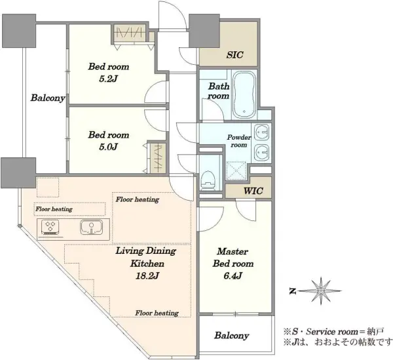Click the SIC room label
pyautogui.click(x=234, y=54)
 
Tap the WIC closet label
pyautogui.click(x=253, y=191)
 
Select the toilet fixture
pyautogui.click(x=208, y=180)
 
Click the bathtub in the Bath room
pyautogui.click(x=244, y=94)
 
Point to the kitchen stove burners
pyautogui.click(x=50, y=227)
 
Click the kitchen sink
pyautogui.click(x=91, y=228)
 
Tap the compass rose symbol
pyautogui.click(x=321, y=290)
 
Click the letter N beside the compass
pyautogui.click(x=292, y=291)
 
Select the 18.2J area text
pyautogui.click(x=147, y=276)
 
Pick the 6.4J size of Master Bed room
pyautogui.click(x=233, y=275)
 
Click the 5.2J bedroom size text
pyautogui.click(x=109, y=79)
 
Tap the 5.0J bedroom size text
pyautogui.click(x=108, y=146)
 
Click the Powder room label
pyautogui.click(x=239, y=141)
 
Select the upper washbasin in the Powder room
pyautogui.click(x=261, y=132)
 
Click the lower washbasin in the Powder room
pyautogui.click(x=261, y=152)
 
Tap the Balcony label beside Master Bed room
pyautogui.click(x=232, y=336)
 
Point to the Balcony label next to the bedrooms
pyautogui.click(x=48, y=98)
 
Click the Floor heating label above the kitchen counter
pyautogui.click(x=54, y=209)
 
